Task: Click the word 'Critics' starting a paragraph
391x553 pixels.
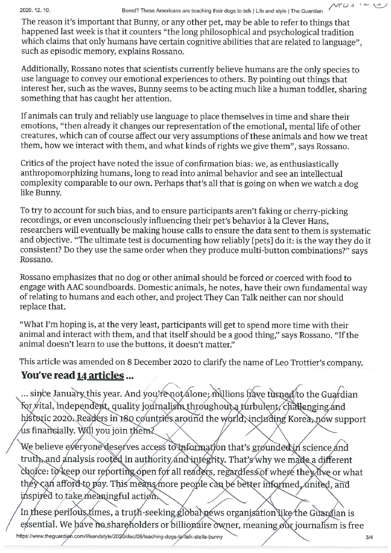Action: [35, 164]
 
